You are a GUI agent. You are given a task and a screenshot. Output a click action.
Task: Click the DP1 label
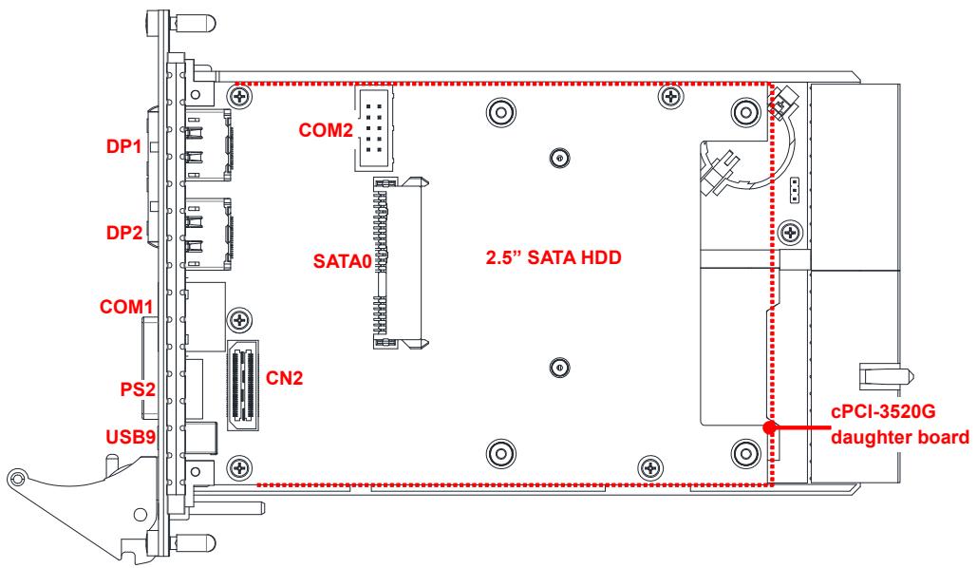click(123, 146)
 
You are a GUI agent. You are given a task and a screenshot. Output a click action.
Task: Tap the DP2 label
click(124, 233)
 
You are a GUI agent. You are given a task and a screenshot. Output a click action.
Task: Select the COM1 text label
click(126, 307)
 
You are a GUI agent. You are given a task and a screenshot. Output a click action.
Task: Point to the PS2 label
click(137, 389)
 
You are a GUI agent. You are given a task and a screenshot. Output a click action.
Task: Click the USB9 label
click(130, 436)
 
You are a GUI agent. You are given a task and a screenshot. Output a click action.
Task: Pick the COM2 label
click(326, 130)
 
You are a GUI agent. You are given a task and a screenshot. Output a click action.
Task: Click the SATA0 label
click(342, 260)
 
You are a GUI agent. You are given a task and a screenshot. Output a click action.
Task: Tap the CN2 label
click(284, 378)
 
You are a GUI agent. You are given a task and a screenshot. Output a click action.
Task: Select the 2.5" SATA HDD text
click(554, 257)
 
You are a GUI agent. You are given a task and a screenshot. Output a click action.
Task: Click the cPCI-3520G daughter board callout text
click(900, 424)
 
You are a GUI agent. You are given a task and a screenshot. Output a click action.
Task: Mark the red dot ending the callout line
click(770, 427)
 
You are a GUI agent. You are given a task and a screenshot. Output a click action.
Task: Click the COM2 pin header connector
click(373, 128)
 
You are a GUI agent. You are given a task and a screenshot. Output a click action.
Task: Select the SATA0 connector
click(400, 262)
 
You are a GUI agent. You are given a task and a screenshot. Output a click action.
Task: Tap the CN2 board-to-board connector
click(244, 387)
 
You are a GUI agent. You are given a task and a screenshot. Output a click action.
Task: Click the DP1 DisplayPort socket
click(208, 144)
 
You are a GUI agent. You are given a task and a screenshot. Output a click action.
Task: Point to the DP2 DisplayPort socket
click(208, 235)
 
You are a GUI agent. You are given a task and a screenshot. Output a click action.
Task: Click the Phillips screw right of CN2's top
click(240, 320)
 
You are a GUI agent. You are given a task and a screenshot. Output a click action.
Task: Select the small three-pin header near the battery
click(794, 190)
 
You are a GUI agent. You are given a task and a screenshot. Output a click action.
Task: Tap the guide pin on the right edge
click(886, 376)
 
